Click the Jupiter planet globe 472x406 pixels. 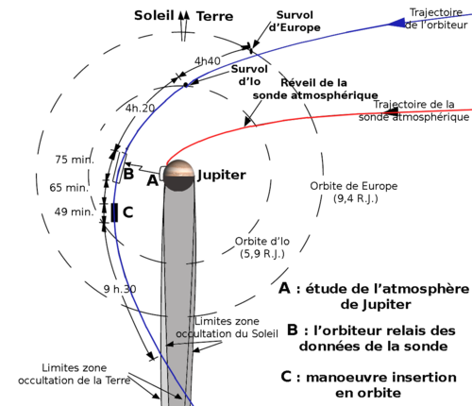[178, 176]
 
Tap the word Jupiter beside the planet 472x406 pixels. [222, 175]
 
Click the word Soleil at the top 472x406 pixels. [154, 15]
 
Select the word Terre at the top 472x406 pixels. [215, 16]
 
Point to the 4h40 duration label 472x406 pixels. [208, 60]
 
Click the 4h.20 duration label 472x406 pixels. [140, 109]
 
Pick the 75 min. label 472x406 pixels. [75, 160]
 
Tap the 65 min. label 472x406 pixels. [69, 188]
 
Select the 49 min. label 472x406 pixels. [75, 211]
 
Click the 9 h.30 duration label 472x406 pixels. [120, 289]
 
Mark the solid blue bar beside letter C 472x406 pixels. [114, 212]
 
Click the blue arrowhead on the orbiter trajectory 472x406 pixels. [396, 23]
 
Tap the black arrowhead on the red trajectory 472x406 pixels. [391, 111]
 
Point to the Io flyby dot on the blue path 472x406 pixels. [186, 85]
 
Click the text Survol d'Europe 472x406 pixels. [295, 21]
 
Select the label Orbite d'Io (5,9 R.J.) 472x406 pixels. [262, 247]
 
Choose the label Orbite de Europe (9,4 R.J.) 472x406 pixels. [354, 192]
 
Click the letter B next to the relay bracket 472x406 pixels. [128, 174]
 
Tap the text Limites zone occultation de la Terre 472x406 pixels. [75, 374]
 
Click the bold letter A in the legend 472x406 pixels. [284, 288]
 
